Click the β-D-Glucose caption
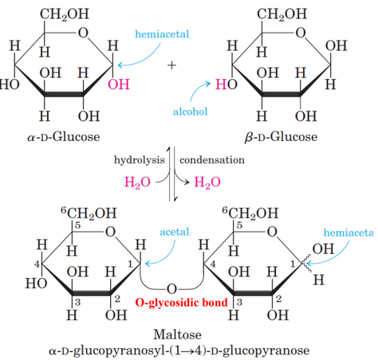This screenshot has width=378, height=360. click(282, 136)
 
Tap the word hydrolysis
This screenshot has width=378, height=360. click(141, 159)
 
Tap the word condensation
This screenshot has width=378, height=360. click(211, 159)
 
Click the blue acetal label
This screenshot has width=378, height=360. click(174, 232)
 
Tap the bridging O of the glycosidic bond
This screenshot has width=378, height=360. click(171, 287)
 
